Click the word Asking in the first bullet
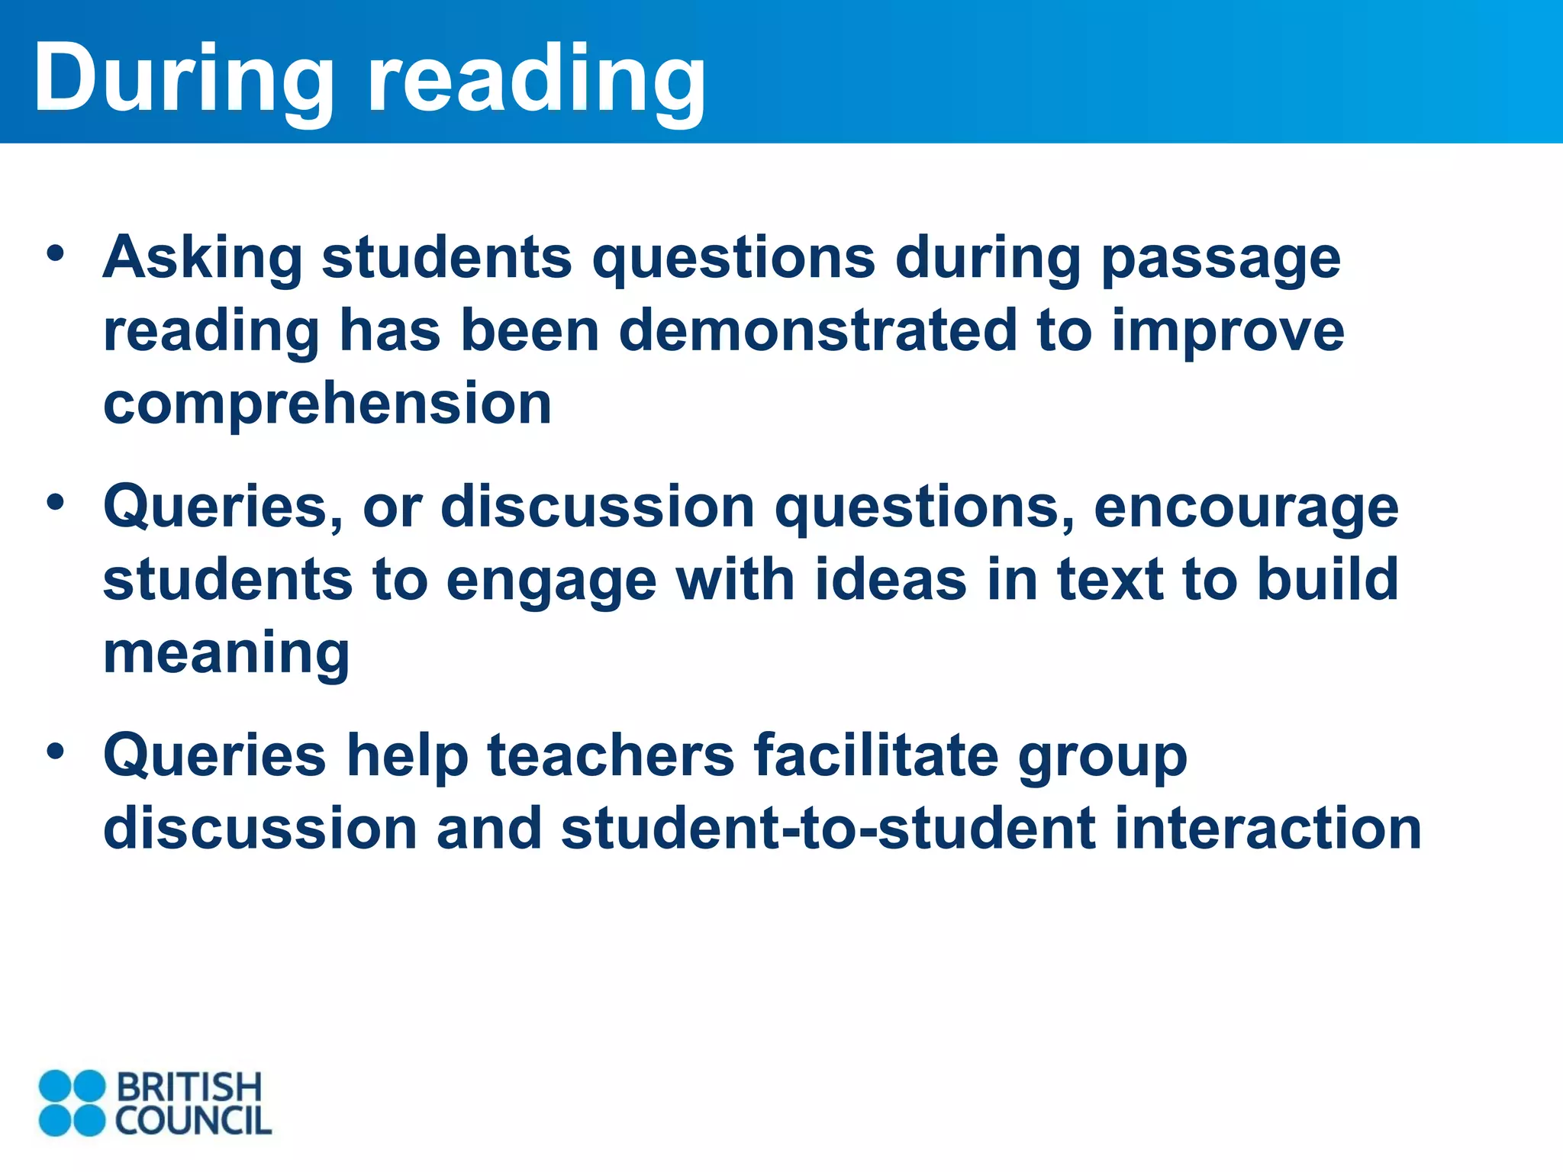point(203,258)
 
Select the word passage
point(1221,259)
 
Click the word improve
point(1228,333)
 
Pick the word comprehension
point(327,404)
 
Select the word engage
point(551,581)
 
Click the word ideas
point(891,580)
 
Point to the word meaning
point(227,654)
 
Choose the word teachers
point(611,755)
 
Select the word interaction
point(1268,829)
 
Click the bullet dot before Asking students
point(55,253)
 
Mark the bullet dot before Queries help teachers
point(55,751)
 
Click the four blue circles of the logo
point(72,1103)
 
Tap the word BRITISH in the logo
point(189,1087)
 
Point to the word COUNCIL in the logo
point(193,1120)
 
